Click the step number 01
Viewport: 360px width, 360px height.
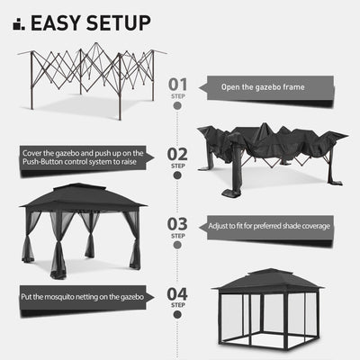coord(179,85)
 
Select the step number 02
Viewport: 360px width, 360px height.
coord(179,154)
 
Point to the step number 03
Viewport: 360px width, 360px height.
coord(179,224)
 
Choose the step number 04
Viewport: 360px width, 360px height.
coord(179,292)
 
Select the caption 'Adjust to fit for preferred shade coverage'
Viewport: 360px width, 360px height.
coord(269,225)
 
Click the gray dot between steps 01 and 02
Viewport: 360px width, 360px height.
coord(179,120)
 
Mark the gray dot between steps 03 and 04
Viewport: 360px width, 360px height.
coord(179,260)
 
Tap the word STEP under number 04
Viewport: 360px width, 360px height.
coord(179,305)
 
